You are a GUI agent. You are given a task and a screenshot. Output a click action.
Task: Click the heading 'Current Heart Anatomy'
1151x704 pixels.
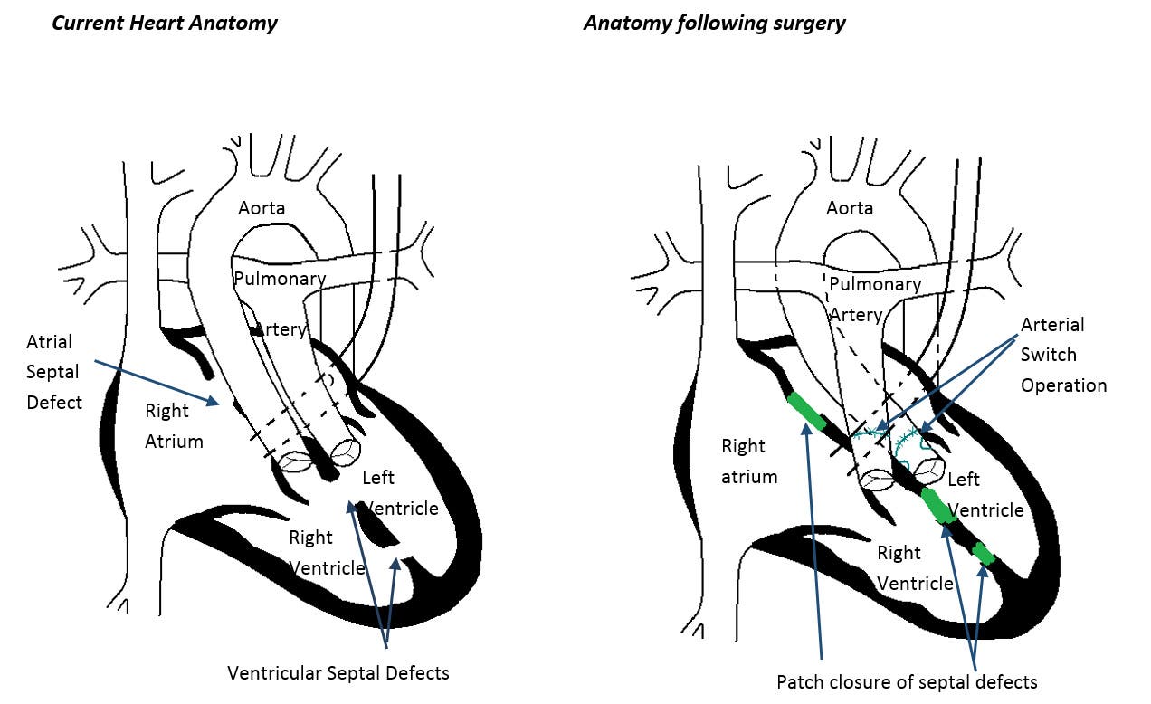(x=164, y=23)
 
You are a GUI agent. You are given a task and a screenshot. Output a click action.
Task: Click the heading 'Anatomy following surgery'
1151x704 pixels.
(x=714, y=23)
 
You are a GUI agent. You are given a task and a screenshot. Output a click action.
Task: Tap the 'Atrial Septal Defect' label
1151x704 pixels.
(x=52, y=371)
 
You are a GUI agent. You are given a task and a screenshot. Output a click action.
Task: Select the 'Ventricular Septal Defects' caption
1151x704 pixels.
(x=338, y=672)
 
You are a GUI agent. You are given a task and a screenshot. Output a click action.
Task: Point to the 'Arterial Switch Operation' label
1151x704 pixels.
(x=1063, y=355)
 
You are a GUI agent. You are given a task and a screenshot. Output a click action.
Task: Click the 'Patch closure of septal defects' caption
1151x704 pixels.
(x=907, y=681)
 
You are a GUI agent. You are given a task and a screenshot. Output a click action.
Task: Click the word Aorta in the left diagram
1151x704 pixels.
(x=262, y=208)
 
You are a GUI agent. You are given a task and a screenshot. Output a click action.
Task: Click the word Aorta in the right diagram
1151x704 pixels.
(x=850, y=208)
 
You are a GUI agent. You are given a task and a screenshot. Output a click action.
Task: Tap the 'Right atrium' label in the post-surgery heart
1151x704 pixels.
(x=748, y=461)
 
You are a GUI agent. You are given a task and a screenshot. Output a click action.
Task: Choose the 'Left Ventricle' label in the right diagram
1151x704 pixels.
(x=985, y=495)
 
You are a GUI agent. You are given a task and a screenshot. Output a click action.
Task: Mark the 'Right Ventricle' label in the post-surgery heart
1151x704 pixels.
(x=914, y=567)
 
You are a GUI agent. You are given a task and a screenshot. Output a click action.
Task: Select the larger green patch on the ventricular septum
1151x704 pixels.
(x=937, y=506)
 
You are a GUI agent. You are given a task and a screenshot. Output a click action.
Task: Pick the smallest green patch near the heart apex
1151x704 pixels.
(x=984, y=552)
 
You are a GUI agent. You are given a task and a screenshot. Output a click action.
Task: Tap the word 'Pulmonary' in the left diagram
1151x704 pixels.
(x=280, y=279)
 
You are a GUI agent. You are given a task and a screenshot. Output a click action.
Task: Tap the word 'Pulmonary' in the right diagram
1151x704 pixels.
(x=875, y=284)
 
